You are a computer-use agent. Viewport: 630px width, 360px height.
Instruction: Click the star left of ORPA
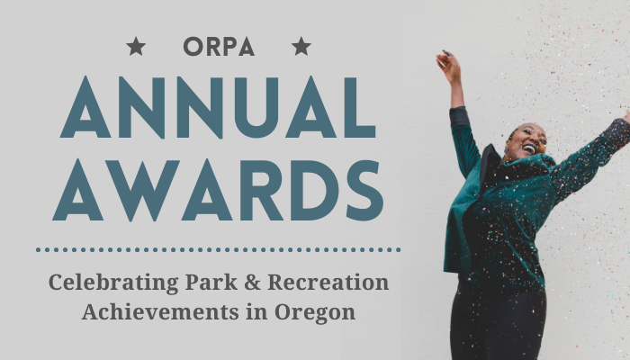(x=136, y=46)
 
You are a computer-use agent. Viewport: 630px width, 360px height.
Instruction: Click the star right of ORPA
(x=301, y=46)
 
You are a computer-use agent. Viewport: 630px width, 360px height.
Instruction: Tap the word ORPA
(x=218, y=46)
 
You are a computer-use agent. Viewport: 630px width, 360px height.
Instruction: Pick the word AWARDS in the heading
(x=218, y=191)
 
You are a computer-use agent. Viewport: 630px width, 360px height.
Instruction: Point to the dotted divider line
(x=218, y=249)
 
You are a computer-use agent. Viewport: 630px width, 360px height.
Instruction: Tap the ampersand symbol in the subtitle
(x=253, y=283)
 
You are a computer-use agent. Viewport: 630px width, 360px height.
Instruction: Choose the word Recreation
(x=328, y=283)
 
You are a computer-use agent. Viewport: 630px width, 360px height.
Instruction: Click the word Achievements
(x=148, y=313)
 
